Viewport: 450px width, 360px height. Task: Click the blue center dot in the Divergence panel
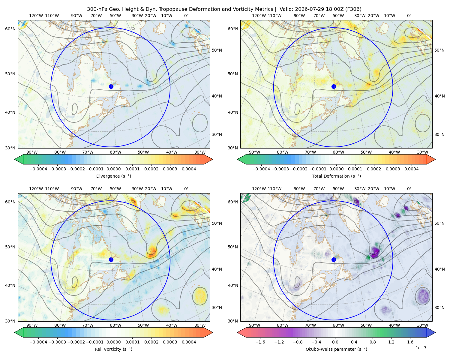pyautogui.click(x=111, y=86)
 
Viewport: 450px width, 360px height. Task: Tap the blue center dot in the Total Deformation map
pyautogui.click(x=334, y=86)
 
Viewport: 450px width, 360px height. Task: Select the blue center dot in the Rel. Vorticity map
pyautogui.click(x=111, y=259)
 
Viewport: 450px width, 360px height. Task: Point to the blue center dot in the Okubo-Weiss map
pyautogui.click(x=334, y=259)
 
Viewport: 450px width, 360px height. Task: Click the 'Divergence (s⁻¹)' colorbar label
pyautogui.click(x=113, y=176)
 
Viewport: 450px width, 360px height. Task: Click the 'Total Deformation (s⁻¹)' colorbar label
pyautogui.click(x=336, y=176)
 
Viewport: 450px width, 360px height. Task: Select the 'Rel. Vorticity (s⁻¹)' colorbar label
pyautogui.click(x=113, y=349)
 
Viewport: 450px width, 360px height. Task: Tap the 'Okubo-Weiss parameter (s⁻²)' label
pyautogui.click(x=336, y=349)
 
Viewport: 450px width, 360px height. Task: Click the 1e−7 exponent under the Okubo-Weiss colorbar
pyautogui.click(x=421, y=348)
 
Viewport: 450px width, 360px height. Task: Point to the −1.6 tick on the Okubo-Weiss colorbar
pyautogui.click(x=260, y=342)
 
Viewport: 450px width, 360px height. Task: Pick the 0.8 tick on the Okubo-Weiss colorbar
pyautogui.click(x=373, y=342)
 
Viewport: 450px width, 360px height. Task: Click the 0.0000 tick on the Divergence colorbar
pyautogui.click(x=113, y=169)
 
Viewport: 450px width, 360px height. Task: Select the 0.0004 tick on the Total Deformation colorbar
pyautogui.click(x=411, y=169)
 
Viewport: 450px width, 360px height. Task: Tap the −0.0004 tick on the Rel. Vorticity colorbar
pyautogui.click(x=38, y=342)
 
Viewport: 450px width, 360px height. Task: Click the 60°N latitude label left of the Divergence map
pyautogui.click(x=10, y=29)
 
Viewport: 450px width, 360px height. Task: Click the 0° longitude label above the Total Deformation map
pyautogui.click(x=409, y=16)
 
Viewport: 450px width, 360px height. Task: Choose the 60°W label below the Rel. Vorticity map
pyautogui.click(x=115, y=325)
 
